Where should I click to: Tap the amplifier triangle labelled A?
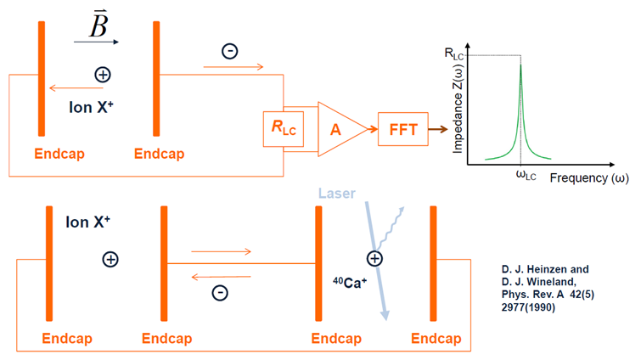(x=339, y=129)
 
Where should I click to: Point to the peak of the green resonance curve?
(x=520, y=61)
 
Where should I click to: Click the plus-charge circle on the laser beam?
(x=374, y=259)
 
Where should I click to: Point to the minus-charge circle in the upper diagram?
(x=229, y=51)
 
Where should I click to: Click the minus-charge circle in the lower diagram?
(x=219, y=292)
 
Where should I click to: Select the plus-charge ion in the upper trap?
(x=103, y=75)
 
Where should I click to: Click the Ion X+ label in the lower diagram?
(x=87, y=222)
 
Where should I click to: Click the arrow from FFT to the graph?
(x=436, y=129)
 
